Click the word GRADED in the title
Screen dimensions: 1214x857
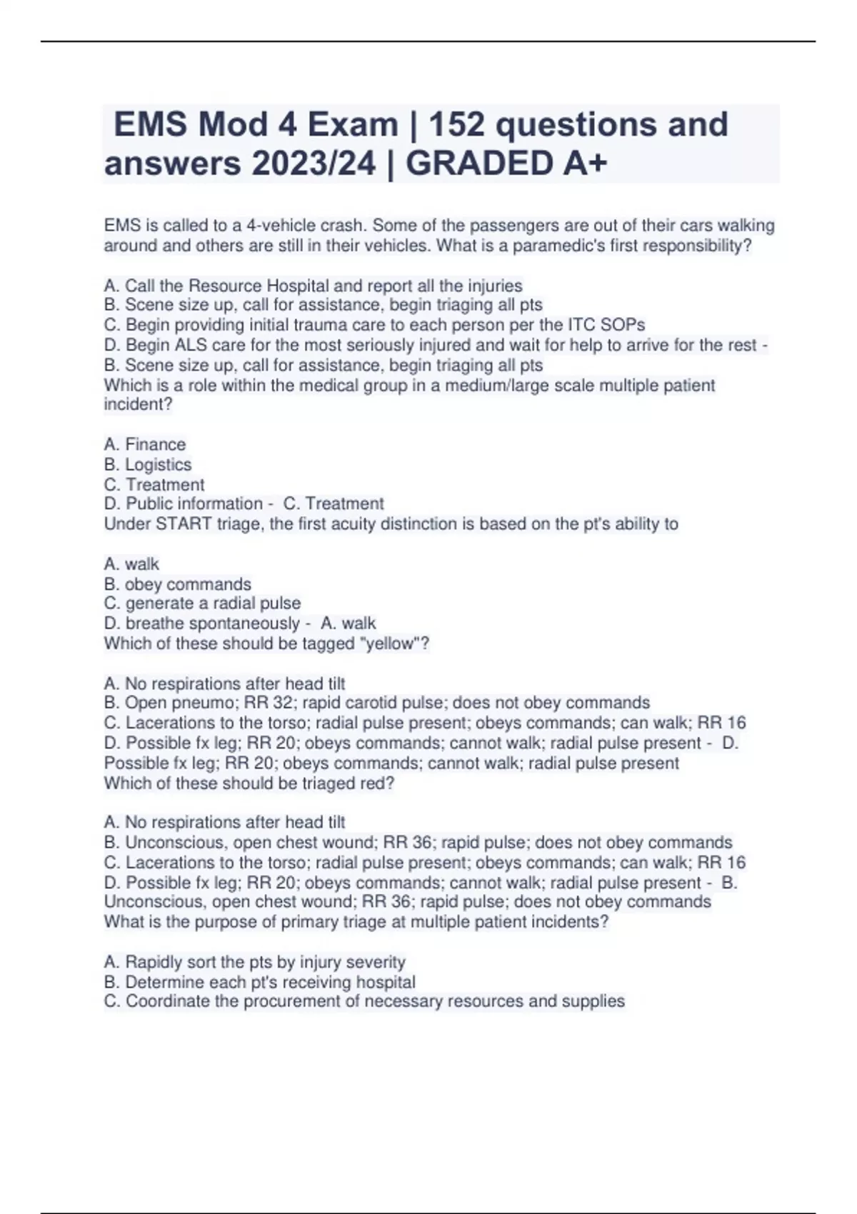click(x=481, y=164)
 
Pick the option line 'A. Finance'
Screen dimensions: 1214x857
click(x=145, y=444)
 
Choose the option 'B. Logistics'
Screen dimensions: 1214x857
click(x=148, y=464)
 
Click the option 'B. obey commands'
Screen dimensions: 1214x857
click(x=178, y=584)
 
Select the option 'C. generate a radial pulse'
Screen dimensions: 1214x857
click(x=203, y=603)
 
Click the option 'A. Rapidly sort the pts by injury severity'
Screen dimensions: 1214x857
click(x=255, y=962)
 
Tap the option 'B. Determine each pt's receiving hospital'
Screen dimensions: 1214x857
click(x=260, y=982)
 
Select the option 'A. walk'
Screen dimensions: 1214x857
click(x=132, y=564)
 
